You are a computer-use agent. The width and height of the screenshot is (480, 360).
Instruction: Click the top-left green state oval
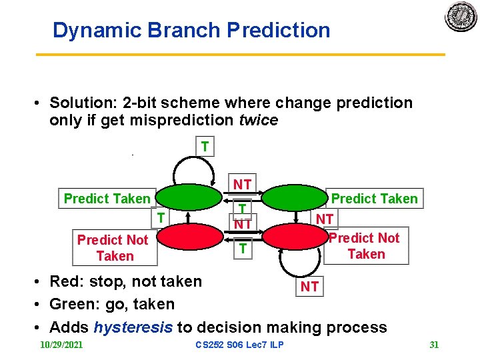[x=189, y=197]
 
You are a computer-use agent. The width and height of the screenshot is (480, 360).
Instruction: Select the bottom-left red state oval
[x=189, y=237]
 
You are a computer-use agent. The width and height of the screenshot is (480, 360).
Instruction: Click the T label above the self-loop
[x=205, y=146]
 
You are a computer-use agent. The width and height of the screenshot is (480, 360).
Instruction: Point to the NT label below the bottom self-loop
[x=309, y=287]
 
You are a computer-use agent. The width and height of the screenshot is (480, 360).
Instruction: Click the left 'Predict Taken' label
[x=107, y=199]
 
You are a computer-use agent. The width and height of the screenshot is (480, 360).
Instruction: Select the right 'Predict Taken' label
[x=374, y=199]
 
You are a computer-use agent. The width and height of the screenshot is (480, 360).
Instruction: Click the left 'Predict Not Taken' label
[x=113, y=248]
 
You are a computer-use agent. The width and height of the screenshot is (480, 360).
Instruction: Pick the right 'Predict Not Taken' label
[x=366, y=246]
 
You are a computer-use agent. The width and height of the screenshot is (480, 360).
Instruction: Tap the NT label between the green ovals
[x=242, y=184]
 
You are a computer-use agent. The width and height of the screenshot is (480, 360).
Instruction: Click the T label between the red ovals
[x=243, y=249]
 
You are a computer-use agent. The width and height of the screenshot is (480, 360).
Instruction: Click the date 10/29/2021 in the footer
[x=61, y=345]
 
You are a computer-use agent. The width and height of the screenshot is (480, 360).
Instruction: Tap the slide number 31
[x=434, y=345]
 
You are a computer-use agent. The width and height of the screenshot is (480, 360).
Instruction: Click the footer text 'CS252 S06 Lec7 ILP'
[x=239, y=345]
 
